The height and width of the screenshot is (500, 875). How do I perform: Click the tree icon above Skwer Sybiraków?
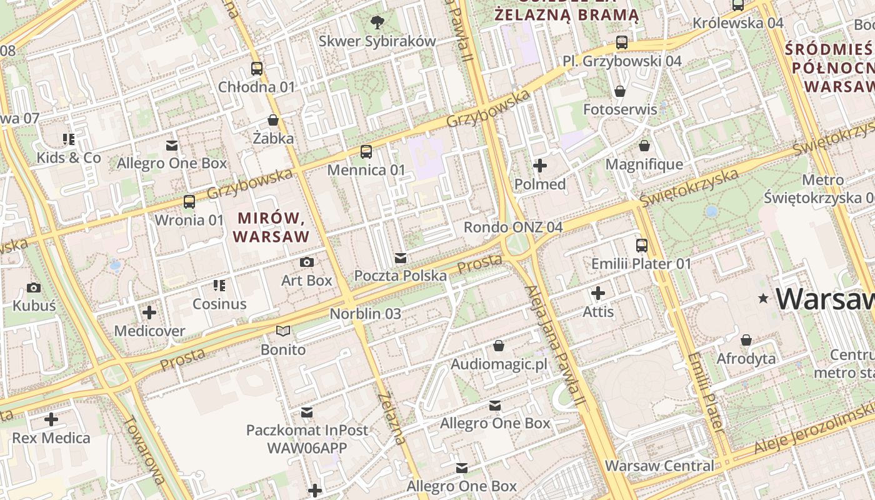[377, 22]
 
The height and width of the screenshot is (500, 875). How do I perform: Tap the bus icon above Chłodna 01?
[256, 68]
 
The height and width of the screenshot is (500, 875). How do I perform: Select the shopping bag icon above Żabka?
[273, 119]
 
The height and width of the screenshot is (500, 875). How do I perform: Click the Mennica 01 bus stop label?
[366, 169]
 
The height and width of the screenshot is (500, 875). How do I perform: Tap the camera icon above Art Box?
[306, 262]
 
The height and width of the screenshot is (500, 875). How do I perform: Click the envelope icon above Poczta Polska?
[401, 257]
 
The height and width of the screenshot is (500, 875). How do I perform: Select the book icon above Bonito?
[283, 331]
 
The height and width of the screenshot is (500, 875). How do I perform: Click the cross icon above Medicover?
[149, 312]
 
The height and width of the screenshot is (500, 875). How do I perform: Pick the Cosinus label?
[219, 304]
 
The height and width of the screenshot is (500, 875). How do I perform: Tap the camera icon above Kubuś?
[34, 287]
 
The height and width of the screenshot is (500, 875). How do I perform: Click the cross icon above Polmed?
[540, 166]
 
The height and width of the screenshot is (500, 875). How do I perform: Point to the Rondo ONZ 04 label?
[513, 227]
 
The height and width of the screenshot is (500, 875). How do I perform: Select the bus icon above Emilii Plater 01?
[642, 245]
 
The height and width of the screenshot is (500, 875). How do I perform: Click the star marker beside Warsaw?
[762, 299]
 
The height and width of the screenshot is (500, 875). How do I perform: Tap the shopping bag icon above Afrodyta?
[746, 340]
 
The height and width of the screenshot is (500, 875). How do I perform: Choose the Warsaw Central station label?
[659, 466]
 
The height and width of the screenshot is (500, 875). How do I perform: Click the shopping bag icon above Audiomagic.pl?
[499, 345]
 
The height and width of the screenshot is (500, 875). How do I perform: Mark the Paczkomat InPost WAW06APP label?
[307, 439]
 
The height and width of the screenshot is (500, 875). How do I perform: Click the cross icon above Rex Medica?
[51, 419]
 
